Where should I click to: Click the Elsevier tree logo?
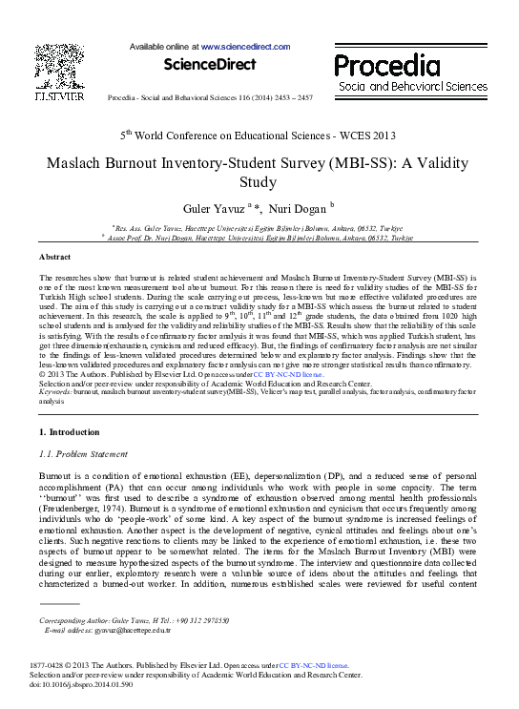pyautogui.click(x=57, y=63)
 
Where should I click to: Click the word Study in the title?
pyautogui.click(x=259, y=181)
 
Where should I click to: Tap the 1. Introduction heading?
pyautogui.click(x=74, y=432)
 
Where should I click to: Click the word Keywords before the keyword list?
pyautogui.click(x=54, y=392)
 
